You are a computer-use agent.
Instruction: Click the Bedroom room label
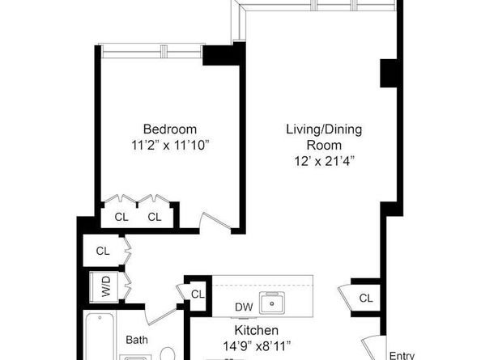(x=170, y=129)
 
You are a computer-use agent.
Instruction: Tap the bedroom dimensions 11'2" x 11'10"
(x=170, y=146)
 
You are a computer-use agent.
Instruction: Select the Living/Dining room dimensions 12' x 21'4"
(x=324, y=161)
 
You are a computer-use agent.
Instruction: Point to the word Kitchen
(x=257, y=331)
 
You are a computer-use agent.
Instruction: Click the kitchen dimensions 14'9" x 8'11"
(x=257, y=346)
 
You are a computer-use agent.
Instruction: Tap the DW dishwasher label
(x=244, y=307)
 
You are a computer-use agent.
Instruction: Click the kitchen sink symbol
(x=272, y=303)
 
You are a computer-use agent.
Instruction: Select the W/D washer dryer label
(x=106, y=286)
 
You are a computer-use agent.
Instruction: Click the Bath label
(x=137, y=340)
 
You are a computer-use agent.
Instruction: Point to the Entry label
(x=402, y=355)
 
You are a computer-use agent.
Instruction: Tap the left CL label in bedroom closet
(x=121, y=218)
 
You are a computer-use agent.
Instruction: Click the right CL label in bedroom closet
(x=155, y=218)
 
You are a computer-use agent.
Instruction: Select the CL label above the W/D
(x=103, y=252)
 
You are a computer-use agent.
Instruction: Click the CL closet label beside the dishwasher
(x=198, y=294)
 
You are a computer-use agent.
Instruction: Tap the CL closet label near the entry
(x=366, y=298)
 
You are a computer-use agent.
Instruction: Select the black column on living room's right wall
(x=389, y=74)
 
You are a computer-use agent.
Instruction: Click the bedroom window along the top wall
(x=151, y=52)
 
